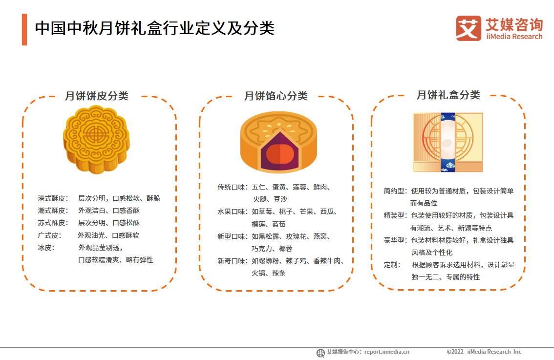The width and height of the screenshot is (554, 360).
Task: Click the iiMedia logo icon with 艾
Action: (469, 28)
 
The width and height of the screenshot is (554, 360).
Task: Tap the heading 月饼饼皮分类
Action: (97, 96)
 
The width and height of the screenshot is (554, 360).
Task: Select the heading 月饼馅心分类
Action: (276, 96)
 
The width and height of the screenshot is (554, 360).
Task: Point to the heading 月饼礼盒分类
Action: (448, 95)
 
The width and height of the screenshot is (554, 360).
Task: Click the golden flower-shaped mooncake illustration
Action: (96, 140)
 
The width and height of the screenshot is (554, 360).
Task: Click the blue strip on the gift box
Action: (447, 142)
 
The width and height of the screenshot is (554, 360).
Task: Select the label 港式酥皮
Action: (53, 198)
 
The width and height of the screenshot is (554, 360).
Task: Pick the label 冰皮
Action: (46, 247)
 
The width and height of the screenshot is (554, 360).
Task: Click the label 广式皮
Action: (50, 235)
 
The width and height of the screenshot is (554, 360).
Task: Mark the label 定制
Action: (392, 265)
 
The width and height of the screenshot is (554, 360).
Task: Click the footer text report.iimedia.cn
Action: (386, 352)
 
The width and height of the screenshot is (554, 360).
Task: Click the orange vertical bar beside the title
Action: (24, 29)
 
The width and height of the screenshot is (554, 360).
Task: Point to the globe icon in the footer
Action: (320, 353)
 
